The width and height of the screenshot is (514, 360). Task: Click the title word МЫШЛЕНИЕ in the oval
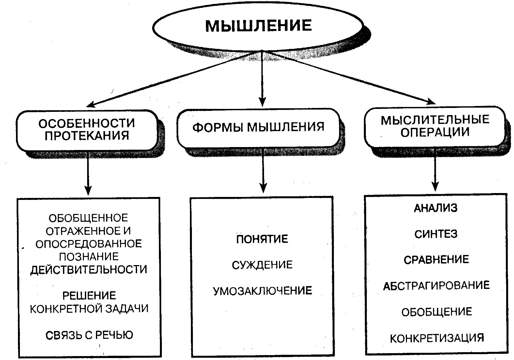coord(258,26)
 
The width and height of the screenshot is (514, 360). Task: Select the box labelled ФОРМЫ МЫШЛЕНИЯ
coord(258,127)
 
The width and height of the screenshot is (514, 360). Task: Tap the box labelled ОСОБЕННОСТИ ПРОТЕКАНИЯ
coord(87,130)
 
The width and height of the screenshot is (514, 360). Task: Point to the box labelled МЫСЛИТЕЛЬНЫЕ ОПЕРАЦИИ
coord(435,126)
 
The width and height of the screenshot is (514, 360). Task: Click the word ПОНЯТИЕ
coord(262,239)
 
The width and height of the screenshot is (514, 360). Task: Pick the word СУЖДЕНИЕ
coord(262,265)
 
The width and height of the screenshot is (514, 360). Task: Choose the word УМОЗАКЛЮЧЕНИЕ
coord(262,291)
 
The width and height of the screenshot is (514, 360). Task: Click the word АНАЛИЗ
coord(436,208)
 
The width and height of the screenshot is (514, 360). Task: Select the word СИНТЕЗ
coord(436,234)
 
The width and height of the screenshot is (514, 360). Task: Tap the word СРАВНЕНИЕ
coord(436,260)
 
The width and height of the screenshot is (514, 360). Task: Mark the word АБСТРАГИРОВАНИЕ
coord(436,286)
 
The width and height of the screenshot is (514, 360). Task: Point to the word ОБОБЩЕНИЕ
coord(437,312)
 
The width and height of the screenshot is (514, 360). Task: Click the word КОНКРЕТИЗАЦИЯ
coord(437,338)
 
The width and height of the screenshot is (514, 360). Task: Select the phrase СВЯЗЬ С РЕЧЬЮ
coord(89,335)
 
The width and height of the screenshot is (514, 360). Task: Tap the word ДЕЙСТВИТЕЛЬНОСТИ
coord(89,270)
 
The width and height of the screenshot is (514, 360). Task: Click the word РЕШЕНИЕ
coord(89,296)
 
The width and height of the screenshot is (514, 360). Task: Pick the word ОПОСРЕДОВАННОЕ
coord(89,244)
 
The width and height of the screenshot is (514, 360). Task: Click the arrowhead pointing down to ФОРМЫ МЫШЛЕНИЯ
coord(262,102)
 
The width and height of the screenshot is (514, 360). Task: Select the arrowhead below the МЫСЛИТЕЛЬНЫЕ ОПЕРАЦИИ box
coord(435,187)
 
